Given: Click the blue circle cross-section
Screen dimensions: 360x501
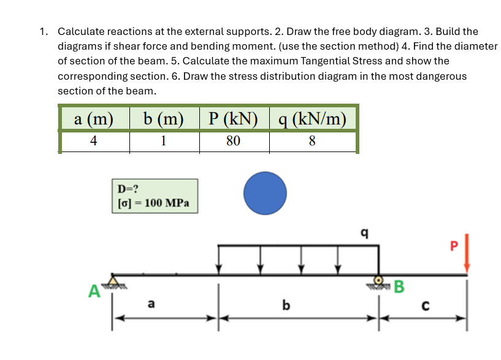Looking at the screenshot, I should tap(265, 193).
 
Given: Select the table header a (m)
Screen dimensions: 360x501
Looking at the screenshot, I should tap(94, 118).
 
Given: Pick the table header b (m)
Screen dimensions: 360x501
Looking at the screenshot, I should tap(163, 118).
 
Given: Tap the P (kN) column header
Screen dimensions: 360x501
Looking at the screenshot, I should tap(233, 118).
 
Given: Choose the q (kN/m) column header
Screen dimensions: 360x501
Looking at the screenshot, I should tap(312, 118).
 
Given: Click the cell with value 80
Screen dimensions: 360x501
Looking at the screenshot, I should tap(233, 141).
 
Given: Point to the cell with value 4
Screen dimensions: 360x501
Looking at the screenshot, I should tap(94, 141).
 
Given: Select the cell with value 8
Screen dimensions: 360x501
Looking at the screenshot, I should tap(312, 141).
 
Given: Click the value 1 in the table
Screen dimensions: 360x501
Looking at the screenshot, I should tap(163, 141).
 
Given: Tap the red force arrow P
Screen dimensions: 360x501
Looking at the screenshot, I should tap(467, 253).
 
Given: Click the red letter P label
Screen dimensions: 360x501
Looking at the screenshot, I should tap(454, 246).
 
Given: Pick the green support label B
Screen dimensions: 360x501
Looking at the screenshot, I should tap(399, 286).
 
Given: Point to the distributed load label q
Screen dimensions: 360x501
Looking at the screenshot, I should tap(365, 232).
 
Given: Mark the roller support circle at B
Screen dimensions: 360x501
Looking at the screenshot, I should tap(379, 279).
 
